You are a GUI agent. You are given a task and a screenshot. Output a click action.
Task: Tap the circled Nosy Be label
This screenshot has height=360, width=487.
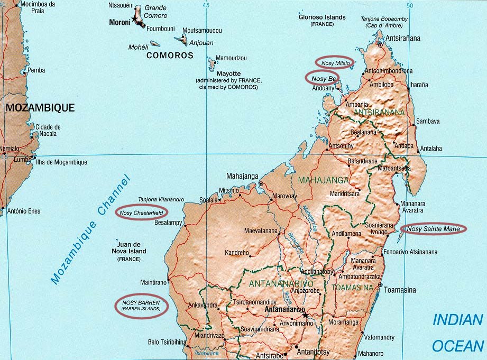click(324, 78)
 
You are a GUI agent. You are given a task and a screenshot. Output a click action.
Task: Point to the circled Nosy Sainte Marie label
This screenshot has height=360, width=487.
click(434, 229)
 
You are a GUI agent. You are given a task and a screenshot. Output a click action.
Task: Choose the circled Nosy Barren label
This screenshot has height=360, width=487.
click(141, 305)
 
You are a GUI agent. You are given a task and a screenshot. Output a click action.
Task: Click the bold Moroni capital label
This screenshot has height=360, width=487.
click(120, 22)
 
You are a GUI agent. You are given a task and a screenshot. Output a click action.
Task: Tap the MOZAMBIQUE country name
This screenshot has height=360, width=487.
click(40, 108)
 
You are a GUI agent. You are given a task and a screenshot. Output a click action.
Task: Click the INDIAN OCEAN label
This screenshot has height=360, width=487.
click(458, 333)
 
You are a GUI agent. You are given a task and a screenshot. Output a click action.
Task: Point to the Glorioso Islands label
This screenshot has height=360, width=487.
click(321, 17)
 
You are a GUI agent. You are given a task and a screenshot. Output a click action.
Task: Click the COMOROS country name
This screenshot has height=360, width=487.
click(170, 55)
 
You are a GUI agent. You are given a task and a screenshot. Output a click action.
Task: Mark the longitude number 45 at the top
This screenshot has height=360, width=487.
click(206, 5)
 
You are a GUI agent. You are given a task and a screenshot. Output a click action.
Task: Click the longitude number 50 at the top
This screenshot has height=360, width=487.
click(410, 5)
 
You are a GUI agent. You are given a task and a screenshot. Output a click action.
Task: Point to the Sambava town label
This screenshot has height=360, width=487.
click(428, 121)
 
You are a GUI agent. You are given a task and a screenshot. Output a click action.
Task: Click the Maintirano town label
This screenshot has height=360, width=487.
click(153, 282)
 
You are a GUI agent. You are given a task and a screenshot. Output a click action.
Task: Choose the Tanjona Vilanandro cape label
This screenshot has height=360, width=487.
click(161, 199)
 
